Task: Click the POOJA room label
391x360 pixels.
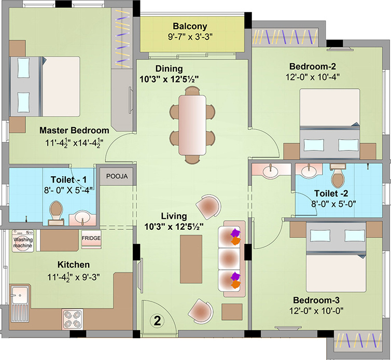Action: (117, 176)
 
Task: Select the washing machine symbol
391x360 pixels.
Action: (23, 241)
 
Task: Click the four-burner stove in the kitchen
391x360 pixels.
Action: (72, 319)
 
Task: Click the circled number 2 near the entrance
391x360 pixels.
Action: (157, 321)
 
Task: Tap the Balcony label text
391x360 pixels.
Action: (190, 26)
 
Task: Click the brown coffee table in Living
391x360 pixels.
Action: (191, 259)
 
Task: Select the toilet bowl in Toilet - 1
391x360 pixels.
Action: (56, 210)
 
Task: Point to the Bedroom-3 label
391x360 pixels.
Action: (316, 300)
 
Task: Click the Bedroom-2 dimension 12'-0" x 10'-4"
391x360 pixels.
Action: (313, 77)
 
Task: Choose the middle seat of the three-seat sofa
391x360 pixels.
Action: (229, 258)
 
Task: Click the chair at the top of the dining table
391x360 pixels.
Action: (192, 91)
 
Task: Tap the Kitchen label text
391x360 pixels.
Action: (74, 265)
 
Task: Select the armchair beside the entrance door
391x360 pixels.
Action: (201, 311)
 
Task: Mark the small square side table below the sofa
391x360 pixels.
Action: (232, 312)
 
